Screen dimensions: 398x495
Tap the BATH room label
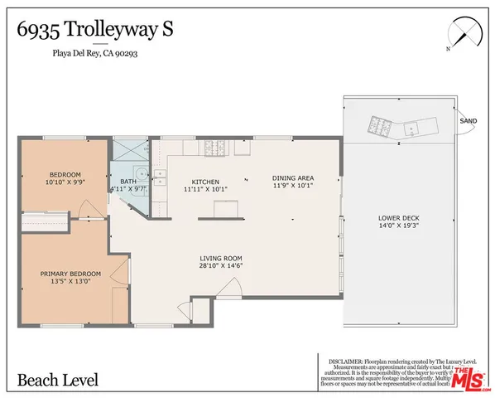point(128,182)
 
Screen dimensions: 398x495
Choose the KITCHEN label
point(204,182)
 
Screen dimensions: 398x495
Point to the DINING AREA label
point(293,177)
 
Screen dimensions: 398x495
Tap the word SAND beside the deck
point(468,120)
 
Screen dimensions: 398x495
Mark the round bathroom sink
point(142,174)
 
